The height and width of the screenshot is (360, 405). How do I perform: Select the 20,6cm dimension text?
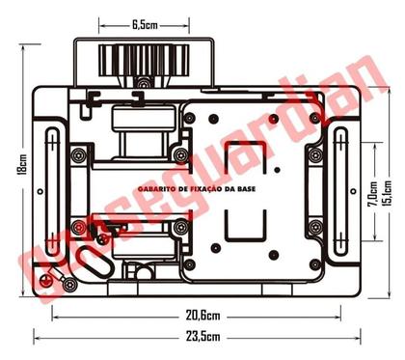point(201,316)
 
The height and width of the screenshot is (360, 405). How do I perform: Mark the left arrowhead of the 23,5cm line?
point(37,338)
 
